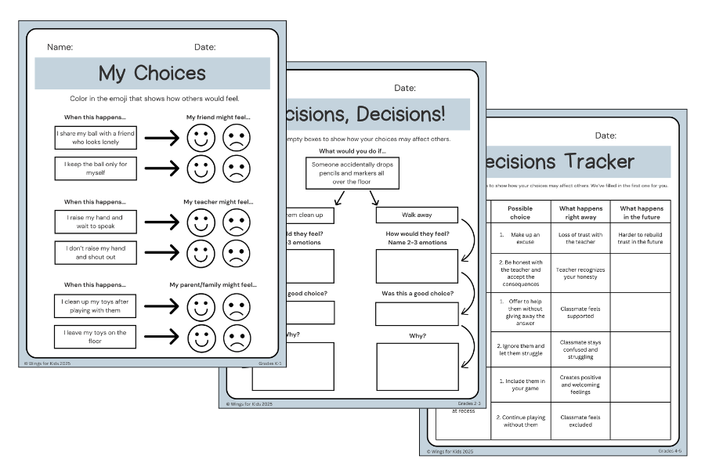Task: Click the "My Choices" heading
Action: [152, 74]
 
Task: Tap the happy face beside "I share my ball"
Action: [201, 139]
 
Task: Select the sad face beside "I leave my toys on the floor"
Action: [237, 338]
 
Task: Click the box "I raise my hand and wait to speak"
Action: [95, 222]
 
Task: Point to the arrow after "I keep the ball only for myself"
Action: [162, 168]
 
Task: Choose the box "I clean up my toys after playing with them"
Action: [95, 305]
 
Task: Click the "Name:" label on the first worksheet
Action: [60, 47]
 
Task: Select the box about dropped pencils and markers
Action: [352, 173]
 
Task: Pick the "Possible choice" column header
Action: [520, 212]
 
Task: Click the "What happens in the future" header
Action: [641, 212]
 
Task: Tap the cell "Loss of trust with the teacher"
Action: [580, 238]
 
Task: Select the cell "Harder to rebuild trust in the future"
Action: [641, 238]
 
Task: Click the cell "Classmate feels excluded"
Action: [580, 421]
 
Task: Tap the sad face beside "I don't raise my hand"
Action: [237, 252]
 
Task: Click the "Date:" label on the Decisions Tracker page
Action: [606, 136]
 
